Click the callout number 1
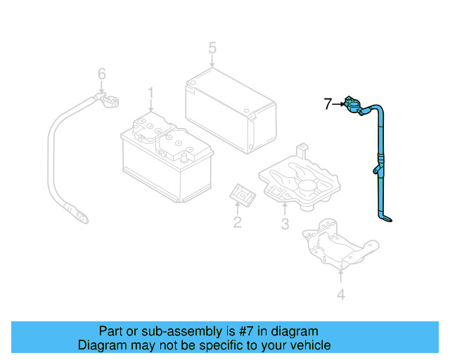[150, 93]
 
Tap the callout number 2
[237, 223]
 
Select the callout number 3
[285, 224]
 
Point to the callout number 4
[341, 295]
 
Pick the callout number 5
[212, 49]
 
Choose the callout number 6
[101, 74]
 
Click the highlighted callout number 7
[327, 105]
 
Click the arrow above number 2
[238, 207]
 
